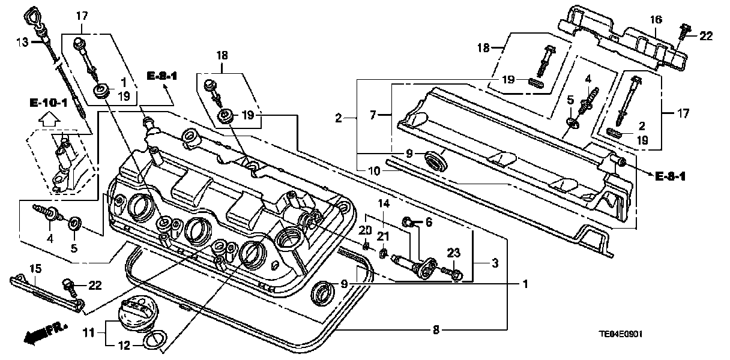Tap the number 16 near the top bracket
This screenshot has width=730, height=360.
tap(657, 20)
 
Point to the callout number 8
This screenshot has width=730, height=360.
tap(436, 329)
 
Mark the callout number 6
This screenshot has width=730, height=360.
tap(429, 222)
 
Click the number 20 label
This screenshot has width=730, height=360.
tap(366, 230)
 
